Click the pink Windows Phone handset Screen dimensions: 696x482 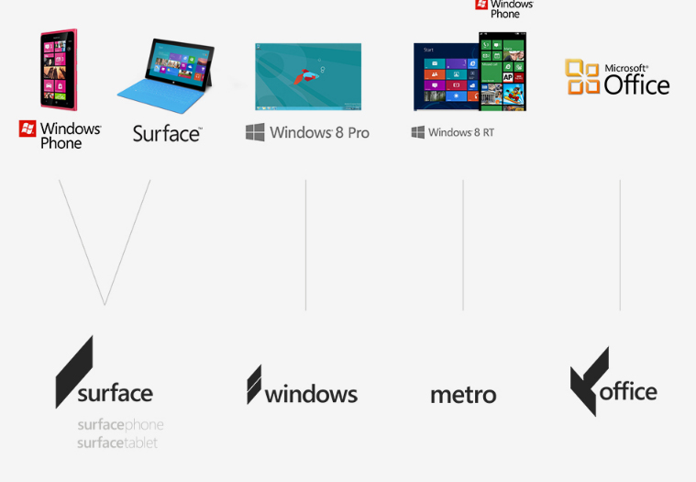click(x=58, y=70)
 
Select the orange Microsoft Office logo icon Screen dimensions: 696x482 click(x=582, y=77)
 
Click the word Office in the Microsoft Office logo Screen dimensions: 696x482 click(x=636, y=84)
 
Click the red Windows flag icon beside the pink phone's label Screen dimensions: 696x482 click(x=28, y=129)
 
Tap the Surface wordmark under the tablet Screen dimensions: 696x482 click(x=167, y=134)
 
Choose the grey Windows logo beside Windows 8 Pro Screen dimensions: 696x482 click(x=255, y=132)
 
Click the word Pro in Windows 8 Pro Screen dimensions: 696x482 click(x=359, y=132)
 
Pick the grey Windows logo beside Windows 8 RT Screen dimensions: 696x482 click(x=417, y=132)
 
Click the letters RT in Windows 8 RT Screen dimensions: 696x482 click(x=488, y=132)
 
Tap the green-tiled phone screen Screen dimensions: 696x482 click(x=503, y=71)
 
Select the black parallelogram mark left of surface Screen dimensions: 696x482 click(x=74, y=372)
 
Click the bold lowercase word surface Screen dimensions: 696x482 click(x=116, y=393)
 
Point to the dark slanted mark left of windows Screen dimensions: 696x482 click(x=254, y=385)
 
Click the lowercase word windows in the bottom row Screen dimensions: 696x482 click(x=311, y=395)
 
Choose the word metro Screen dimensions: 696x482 click(x=463, y=395)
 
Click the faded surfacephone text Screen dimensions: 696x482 click(x=120, y=425)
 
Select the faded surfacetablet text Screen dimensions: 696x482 click(x=117, y=443)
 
